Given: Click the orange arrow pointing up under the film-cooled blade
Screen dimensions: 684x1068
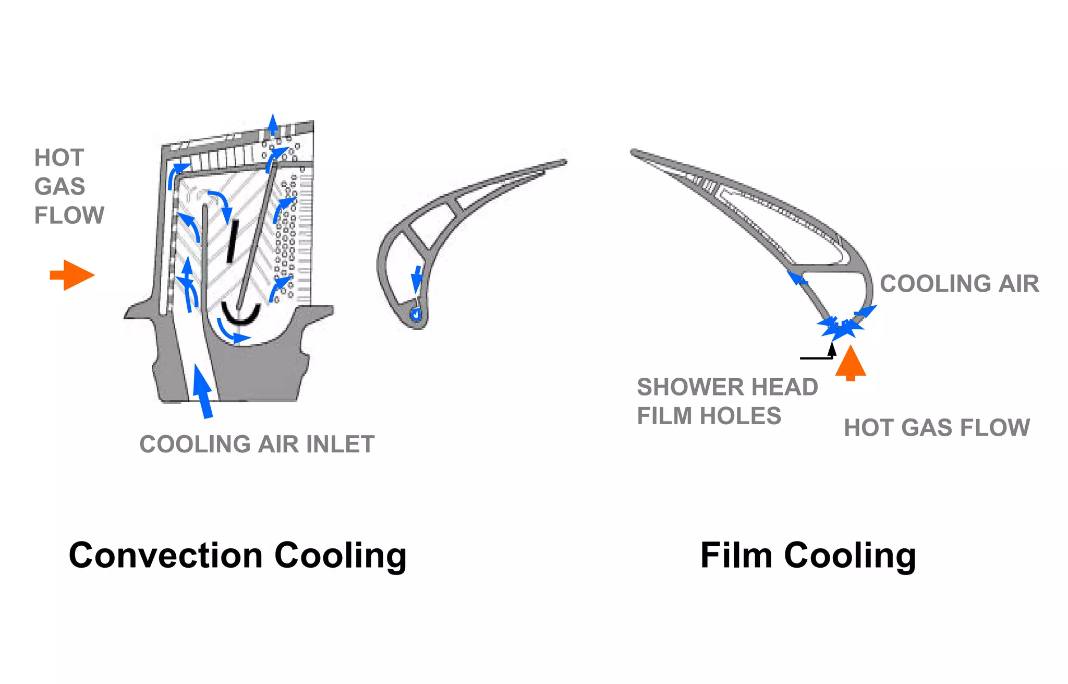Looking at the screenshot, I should click(x=851, y=363).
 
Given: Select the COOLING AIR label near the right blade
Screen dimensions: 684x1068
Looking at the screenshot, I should click(x=959, y=284).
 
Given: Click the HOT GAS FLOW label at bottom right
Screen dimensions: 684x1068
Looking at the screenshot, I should click(x=937, y=428).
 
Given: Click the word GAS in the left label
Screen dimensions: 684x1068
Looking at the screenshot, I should click(x=59, y=187).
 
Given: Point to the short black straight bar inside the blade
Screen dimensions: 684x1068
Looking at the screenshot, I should click(x=233, y=241).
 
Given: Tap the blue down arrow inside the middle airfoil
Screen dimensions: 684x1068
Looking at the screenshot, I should click(x=417, y=280).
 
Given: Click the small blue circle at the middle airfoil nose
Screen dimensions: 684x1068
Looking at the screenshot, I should click(x=416, y=315).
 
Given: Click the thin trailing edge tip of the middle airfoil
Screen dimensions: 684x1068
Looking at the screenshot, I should click(x=563, y=162).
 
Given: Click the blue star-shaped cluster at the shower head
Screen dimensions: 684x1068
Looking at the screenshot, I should click(x=841, y=329).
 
